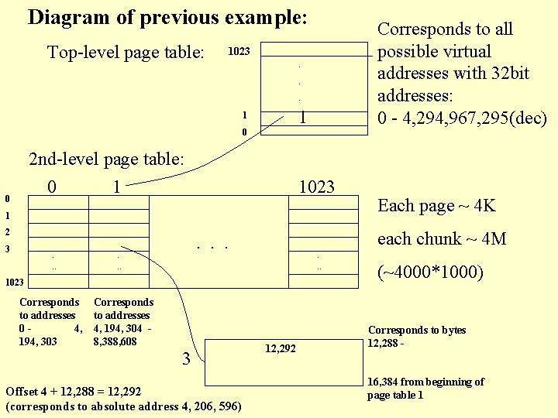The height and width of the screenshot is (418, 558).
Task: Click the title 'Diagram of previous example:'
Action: tap(167, 18)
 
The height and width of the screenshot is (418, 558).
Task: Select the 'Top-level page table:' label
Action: tap(126, 53)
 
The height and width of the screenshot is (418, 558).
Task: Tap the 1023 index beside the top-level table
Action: tap(239, 53)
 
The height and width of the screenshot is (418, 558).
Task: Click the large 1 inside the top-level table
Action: tap(303, 117)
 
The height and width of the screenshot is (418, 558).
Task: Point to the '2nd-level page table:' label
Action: tap(106, 159)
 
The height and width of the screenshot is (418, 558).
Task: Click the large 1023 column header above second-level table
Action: tap(316, 187)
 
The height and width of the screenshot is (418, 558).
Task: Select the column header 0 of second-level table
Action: tap(51, 187)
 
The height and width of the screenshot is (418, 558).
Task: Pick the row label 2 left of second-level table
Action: tap(7, 232)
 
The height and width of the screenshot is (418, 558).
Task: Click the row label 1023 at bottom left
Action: tap(13, 283)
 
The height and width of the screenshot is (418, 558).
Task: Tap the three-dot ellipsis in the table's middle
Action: tap(212, 248)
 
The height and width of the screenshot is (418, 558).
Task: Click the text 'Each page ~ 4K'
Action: tap(436, 206)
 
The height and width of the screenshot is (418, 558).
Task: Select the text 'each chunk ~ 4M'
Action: tap(442, 239)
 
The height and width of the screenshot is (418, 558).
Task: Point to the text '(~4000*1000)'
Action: tap(429, 273)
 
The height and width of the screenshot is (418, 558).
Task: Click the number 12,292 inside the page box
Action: tap(281, 349)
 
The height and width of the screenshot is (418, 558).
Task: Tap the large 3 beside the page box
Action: tap(186, 358)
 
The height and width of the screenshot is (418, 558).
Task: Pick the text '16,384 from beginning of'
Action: tap(425, 382)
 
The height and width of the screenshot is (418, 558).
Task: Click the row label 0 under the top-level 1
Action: tap(244, 132)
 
